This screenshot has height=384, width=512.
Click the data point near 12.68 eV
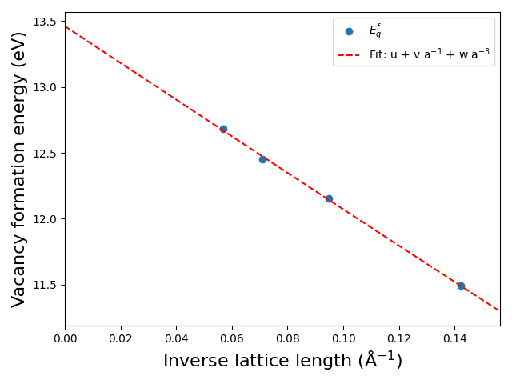(223, 129)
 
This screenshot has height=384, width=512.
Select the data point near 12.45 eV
(262, 159)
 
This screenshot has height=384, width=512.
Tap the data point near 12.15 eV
(329, 198)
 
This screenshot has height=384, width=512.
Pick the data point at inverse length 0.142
(461, 286)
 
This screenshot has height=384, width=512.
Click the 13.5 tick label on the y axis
(44, 22)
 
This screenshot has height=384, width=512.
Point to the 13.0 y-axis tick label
(44, 87)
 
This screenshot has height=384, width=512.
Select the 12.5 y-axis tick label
(44, 153)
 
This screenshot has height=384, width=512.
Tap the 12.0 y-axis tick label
(44, 219)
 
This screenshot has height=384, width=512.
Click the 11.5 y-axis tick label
(44, 285)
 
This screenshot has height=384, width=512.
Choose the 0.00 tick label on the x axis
(65, 339)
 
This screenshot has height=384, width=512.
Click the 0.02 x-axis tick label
(121, 339)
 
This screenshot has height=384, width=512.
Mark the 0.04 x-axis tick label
(176, 339)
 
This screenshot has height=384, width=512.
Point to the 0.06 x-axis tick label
(232, 339)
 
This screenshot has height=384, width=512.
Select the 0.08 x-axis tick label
(288, 339)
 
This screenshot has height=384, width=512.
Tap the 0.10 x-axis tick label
(343, 339)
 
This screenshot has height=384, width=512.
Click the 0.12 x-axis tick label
(399, 339)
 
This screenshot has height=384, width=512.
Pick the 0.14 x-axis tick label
(454, 339)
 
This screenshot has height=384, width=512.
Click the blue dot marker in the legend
(349, 31)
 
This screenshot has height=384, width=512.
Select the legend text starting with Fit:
(430, 54)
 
